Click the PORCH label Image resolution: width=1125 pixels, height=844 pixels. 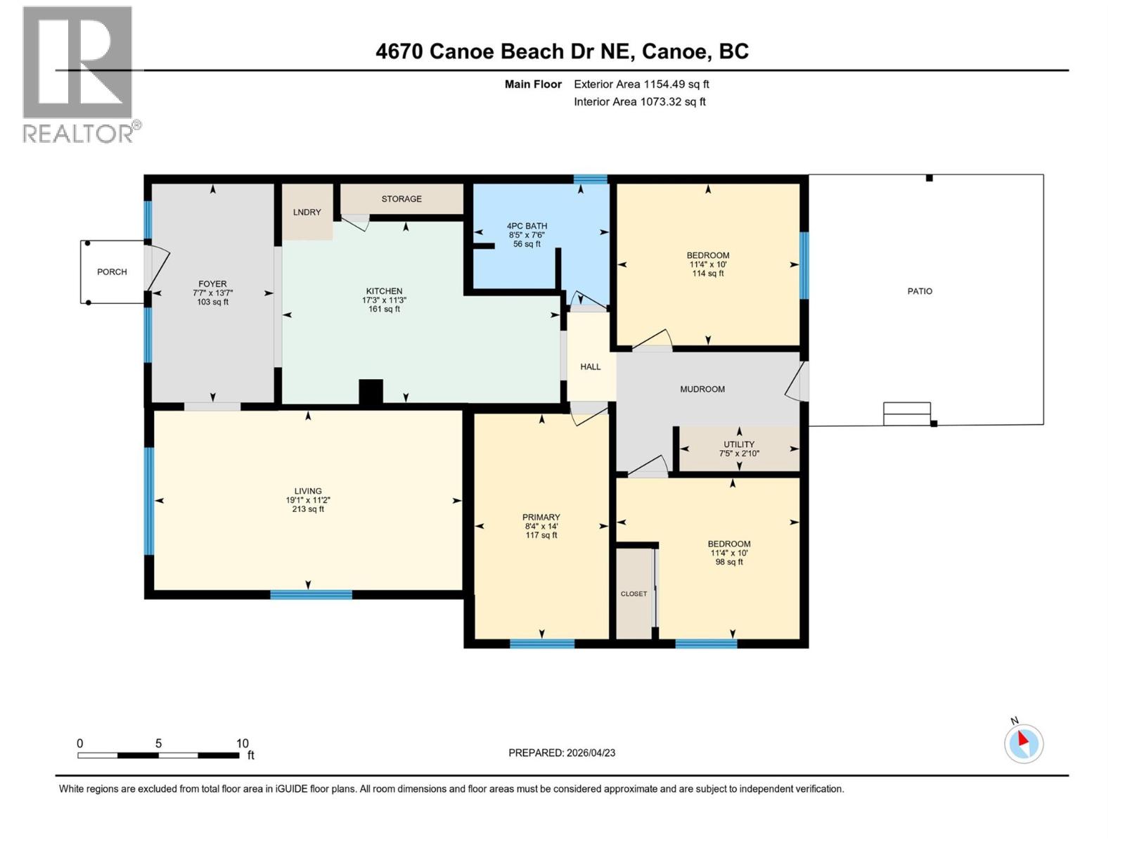112,271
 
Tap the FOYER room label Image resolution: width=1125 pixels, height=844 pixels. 212,284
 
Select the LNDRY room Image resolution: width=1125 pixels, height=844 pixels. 307,212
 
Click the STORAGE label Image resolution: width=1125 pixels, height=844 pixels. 401,199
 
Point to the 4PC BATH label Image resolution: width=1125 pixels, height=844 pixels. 527,226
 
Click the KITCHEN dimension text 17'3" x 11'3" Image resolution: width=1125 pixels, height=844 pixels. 384,300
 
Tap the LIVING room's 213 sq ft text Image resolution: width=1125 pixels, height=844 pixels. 308,509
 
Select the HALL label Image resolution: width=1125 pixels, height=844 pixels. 591,366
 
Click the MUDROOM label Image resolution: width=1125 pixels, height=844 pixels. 702,389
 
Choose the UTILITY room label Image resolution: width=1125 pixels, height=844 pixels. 739,445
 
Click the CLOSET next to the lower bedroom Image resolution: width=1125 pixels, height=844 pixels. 634,594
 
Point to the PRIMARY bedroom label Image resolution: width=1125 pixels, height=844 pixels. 541,517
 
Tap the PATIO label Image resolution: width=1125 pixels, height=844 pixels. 920,291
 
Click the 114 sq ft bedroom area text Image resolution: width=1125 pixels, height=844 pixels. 708,274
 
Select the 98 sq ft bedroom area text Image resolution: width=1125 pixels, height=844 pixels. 729,562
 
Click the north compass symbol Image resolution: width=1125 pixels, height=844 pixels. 1024,743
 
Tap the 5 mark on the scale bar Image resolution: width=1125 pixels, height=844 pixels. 159,743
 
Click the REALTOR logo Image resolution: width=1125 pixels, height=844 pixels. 79,74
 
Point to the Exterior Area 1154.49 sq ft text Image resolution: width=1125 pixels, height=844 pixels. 641,84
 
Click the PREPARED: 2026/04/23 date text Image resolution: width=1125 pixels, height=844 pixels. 562,753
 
